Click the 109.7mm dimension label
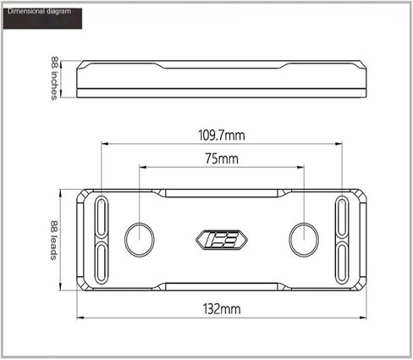(x=222, y=135)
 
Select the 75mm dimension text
(x=222, y=158)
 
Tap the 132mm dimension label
(x=222, y=309)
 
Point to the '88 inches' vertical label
(x=54, y=78)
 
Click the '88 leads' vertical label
(x=54, y=240)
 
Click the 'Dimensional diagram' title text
(x=39, y=11)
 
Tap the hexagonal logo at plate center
(x=222, y=240)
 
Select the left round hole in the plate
(x=140, y=240)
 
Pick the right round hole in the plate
(x=304, y=240)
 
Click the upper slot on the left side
(x=101, y=217)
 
